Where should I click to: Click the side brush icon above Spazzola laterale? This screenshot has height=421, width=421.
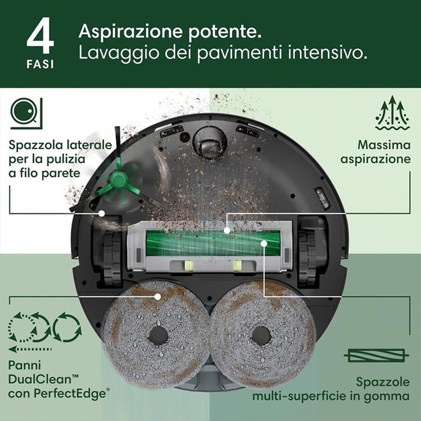(26, 113)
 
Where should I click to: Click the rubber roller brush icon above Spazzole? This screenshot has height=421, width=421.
(376, 356)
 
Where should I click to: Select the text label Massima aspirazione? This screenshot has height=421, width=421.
(375, 152)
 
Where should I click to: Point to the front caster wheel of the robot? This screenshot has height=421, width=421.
(209, 143)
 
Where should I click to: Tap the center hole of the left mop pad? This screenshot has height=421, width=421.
(158, 335)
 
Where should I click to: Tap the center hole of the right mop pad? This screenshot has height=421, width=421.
(261, 336)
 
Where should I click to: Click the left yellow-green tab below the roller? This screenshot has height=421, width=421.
(187, 265)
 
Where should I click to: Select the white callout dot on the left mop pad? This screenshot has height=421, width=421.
(157, 296)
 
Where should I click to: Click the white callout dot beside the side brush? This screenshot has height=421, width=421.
(101, 213)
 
